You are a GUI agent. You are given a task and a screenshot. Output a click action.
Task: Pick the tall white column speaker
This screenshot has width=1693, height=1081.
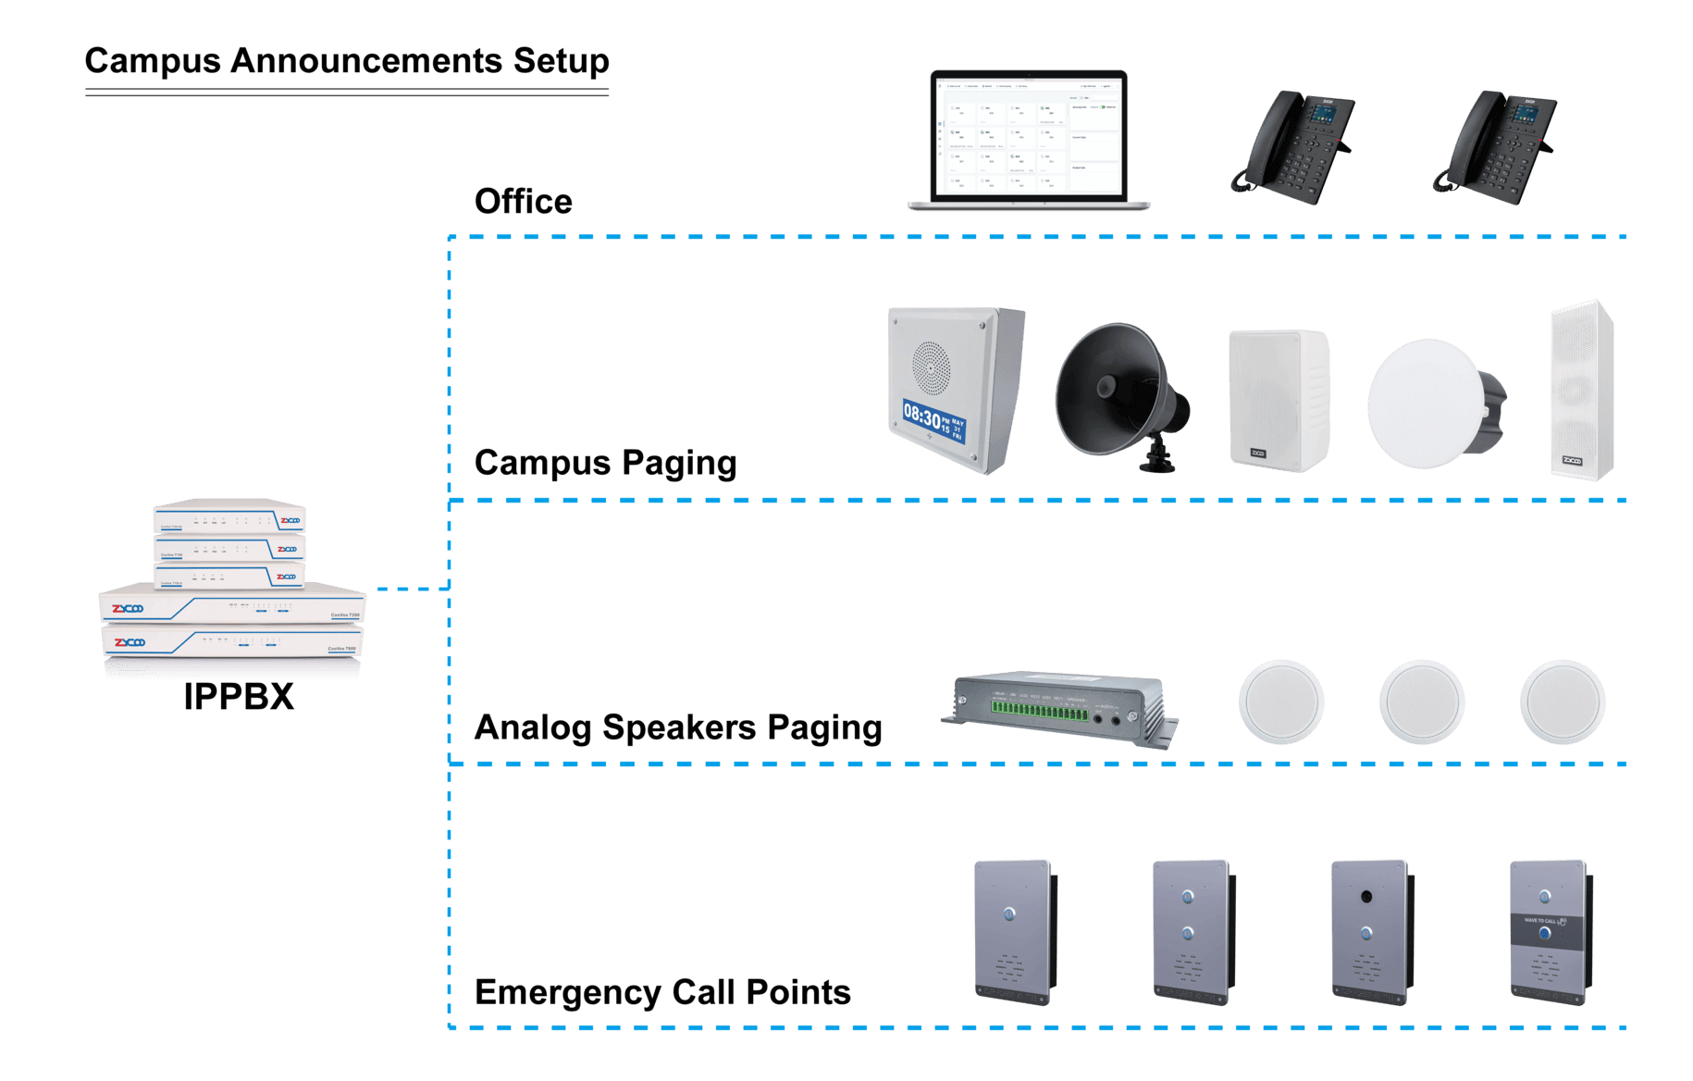click(1582, 389)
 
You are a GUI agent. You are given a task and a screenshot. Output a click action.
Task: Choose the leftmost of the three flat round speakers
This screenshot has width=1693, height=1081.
click(1281, 702)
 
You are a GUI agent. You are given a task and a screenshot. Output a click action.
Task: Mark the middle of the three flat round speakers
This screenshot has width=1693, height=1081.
click(1422, 702)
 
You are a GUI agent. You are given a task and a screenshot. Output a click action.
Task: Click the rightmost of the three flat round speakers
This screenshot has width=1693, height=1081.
click(1563, 702)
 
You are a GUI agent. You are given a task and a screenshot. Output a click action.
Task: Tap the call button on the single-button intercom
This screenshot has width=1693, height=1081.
click(1011, 913)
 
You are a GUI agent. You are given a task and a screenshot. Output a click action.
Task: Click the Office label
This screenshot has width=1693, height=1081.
click(523, 202)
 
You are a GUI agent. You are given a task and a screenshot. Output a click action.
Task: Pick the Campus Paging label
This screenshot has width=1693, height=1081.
click(606, 463)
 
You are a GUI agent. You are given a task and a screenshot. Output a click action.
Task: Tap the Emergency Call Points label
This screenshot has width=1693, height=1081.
click(661, 993)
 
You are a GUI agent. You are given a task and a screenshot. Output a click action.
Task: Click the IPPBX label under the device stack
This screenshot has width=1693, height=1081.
click(241, 696)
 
